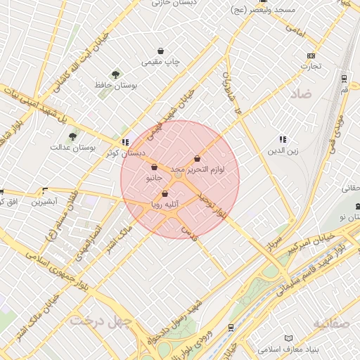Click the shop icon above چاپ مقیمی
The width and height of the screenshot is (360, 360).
click(162, 51)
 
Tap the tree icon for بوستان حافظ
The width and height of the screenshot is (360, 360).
click(115, 74)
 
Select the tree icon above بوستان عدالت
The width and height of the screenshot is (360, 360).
click(72, 136)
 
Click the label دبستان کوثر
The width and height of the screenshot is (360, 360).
click(126, 153)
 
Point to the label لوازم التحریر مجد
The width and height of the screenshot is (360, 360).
click(196, 169)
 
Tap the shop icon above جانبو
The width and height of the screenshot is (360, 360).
click(154, 167)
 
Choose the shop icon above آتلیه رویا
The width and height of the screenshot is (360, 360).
click(165, 193)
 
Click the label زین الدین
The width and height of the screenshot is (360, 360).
click(283, 150)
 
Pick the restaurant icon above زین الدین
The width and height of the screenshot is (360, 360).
click(283, 140)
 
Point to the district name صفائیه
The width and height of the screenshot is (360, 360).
click(332, 323)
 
